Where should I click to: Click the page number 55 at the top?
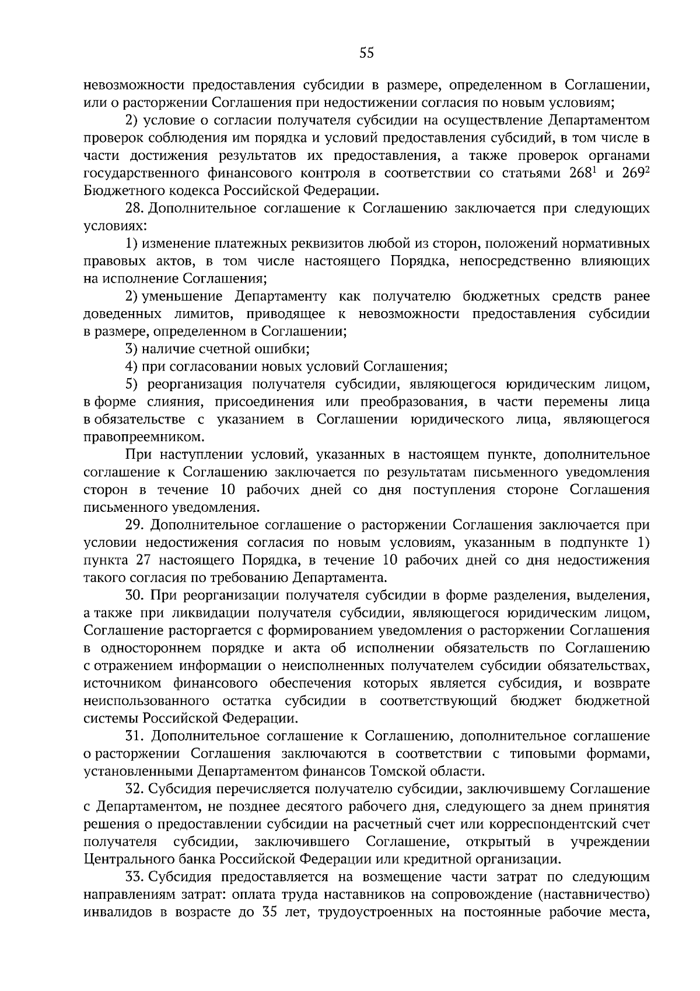pyautogui.click(x=366, y=54)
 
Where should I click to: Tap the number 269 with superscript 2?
pyautogui.click(x=635, y=173)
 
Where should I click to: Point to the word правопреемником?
pyautogui.click(x=145, y=437)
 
